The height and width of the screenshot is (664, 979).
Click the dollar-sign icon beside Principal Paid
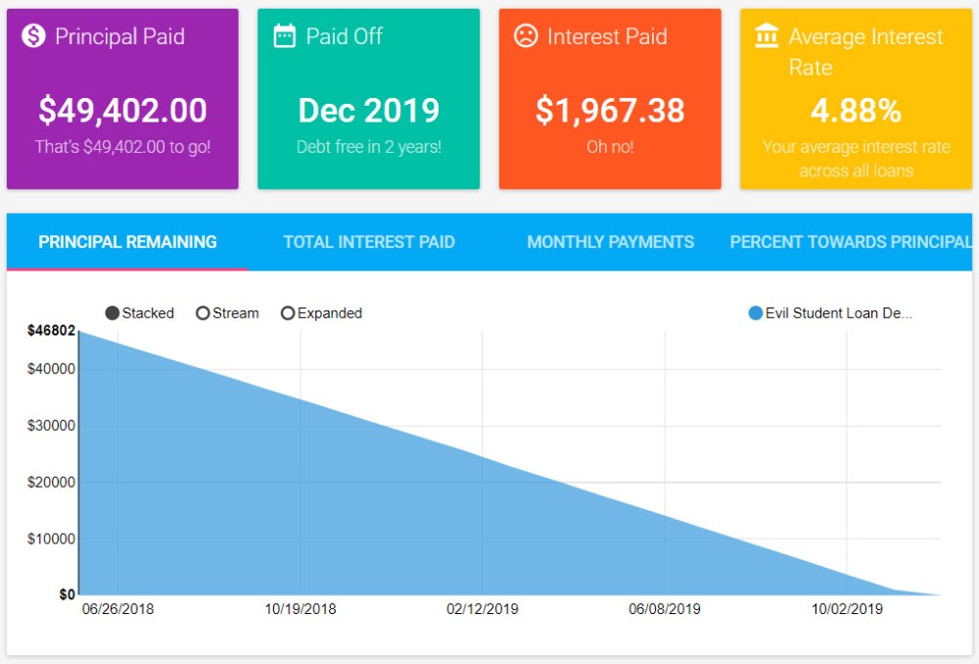coord(34,37)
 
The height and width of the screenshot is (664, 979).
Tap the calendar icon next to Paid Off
coord(285,37)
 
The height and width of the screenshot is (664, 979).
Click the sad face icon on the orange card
coord(526,37)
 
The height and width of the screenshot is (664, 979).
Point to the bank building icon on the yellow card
coord(767,37)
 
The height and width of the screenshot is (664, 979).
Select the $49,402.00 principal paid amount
coord(122,111)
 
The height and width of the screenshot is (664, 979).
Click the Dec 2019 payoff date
coord(368,111)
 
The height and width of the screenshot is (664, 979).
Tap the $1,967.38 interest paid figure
coord(610,111)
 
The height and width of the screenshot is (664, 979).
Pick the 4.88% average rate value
coord(856,111)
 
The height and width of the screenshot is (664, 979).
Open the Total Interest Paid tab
coord(369,242)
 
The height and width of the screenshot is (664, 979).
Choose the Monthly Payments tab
coord(610,242)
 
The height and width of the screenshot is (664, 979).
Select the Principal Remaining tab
coord(127,242)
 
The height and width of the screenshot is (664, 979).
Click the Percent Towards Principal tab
coord(850,242)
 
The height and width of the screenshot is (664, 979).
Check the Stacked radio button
coord(113,313)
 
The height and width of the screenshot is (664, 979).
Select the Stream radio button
coord(203,313)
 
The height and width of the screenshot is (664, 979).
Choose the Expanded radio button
coord(288,313)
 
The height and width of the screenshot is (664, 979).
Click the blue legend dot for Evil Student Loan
coord(755,313)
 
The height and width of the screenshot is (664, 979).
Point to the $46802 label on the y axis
coord(51,331)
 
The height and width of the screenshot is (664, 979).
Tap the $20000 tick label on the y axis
coord(52,483)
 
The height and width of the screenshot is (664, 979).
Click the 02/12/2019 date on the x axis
coord(483,609)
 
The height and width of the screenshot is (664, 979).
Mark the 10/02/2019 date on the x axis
coord(847,609)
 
